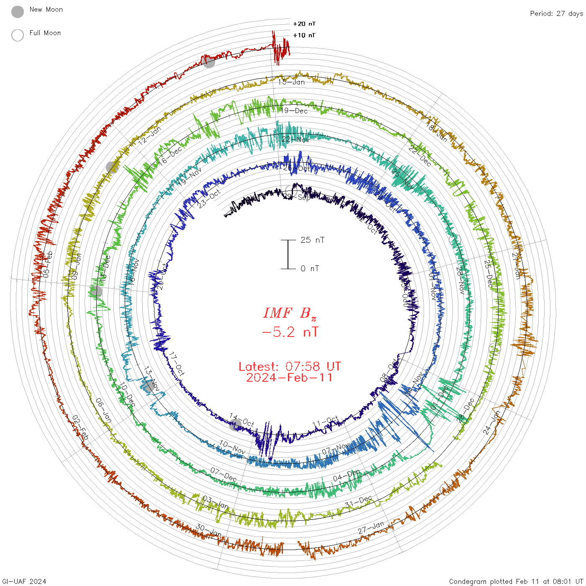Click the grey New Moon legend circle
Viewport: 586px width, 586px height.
(18, 12)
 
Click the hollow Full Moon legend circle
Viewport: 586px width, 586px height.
(18, 35)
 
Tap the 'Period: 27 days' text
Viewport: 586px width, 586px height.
(556, 13)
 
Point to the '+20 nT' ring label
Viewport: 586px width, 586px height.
(304, 24)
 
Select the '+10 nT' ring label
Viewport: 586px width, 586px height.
(304, 35)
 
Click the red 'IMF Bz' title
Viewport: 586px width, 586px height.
(290, 313)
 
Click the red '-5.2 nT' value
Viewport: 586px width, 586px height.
(290, 332)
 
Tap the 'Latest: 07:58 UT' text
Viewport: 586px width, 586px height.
(290, 367)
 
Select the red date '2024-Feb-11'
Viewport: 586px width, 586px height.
(290, 378)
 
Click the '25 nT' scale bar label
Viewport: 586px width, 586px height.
(312, 240)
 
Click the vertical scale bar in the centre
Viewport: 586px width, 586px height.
(288, 254)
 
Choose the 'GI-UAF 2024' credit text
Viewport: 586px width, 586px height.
(24, 581)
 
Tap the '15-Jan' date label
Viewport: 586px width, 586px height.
(292, 82)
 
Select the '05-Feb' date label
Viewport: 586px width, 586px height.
(48, 264)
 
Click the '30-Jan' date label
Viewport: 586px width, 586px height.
(209, 530)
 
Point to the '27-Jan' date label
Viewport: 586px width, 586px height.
(371, 527)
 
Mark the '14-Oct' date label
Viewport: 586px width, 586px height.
(242, 421)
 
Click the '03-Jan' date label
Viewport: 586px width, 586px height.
(215, 502)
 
